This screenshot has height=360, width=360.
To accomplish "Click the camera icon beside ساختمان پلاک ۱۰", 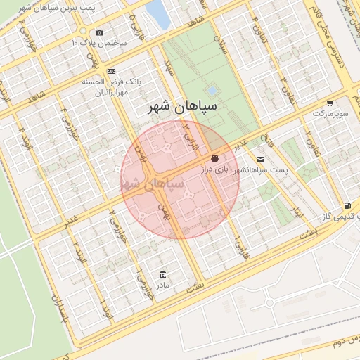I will [x=99, y=33].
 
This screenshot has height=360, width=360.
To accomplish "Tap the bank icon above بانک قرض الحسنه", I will [x=112, y=72].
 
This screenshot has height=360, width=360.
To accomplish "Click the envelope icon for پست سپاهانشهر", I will [x=261, y=159].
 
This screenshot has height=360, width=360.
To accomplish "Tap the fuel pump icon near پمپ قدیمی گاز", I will [x=347, y=205].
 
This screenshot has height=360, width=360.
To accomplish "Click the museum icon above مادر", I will [x=163, y=274].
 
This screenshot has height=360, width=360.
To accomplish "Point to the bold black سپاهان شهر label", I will [x=184, y=107].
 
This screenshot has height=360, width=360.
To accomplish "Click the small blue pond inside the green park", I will [x=212, y=90].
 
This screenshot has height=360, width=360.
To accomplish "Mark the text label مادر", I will [x=163, y=285].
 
